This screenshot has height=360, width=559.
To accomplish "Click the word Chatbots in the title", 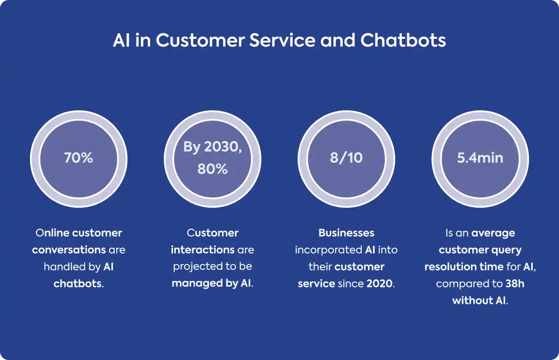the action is pyautogui.click(x=403, y=40).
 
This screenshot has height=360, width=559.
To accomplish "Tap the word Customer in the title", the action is pyautogui.click(x=200, y=40).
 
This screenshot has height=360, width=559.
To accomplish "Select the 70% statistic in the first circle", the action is pyautogui.click(x=79, y=158).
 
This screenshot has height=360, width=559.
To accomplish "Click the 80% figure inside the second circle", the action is pyautogui.click(x=212, y=169).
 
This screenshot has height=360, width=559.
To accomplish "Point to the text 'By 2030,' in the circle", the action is pyautogui.click(x=212, y=147).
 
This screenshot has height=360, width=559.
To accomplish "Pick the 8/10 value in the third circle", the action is pyautogui.click(x=346, y=158).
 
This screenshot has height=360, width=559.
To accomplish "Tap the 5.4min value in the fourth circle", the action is pyautogui.click(x=480, y=158).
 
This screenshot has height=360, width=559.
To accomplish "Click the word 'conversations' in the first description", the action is pyautogui.click(x=69, y=250).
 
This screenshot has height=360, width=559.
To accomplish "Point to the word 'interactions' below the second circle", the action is pyautogui.click(x=203, y=250).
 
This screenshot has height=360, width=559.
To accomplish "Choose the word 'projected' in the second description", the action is pyautogui.click(x=193, y=267).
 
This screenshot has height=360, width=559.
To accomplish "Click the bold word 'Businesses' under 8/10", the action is pyautogui.click(x=347, y=233).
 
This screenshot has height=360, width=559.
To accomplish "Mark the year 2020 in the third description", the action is pyautogui.click(x=379, y=284).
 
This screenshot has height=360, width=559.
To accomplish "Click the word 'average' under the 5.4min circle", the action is pyautogui.click(x=493, y=233).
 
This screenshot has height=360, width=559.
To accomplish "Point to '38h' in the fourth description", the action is pyautogui.click(x=515, y=284).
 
